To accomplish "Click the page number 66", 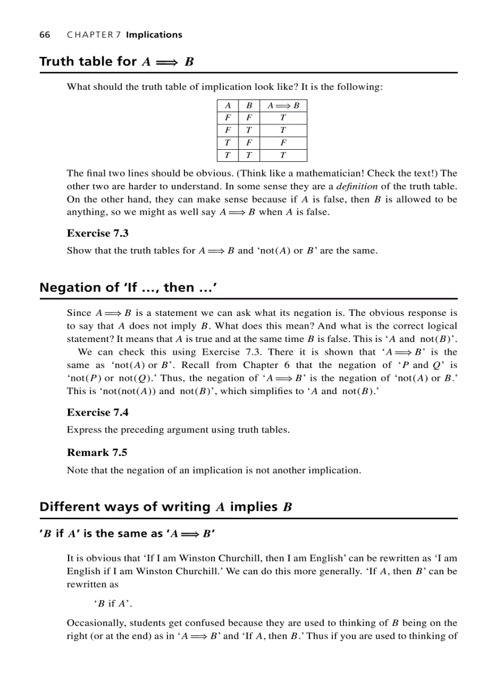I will [44, 35].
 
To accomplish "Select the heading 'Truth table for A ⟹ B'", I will [116, 61].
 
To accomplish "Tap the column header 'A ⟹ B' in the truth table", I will [283, 106].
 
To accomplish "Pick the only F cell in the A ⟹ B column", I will [283, 143].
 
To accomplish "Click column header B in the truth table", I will [249, 106].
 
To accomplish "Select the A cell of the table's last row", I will [227, 155].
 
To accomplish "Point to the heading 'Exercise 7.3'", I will [98, 233].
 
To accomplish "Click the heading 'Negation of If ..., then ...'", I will [128, 287].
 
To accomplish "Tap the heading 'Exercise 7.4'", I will [98, 412].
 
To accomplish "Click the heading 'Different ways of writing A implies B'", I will [166, 507].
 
